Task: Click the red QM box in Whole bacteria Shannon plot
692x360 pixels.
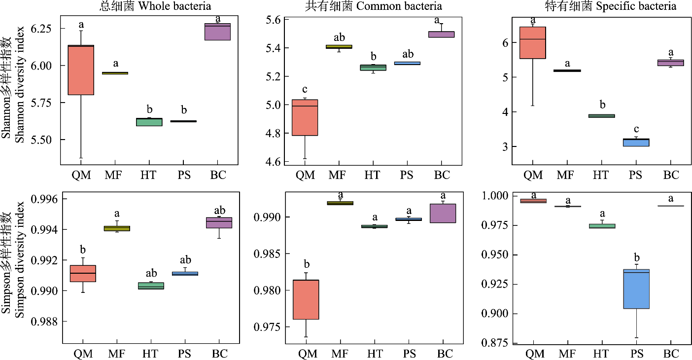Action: click(x=81, y=70)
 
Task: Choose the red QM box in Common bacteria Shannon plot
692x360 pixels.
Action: click(x=305, y=117)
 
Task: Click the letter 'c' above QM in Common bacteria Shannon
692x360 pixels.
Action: click(x=305, y=89)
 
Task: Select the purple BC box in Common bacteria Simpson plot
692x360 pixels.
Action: click(x=442, y=213)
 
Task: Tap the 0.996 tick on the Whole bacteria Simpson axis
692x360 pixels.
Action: click(x=43, y=199)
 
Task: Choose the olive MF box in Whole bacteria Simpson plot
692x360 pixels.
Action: click(x=117, y=228)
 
